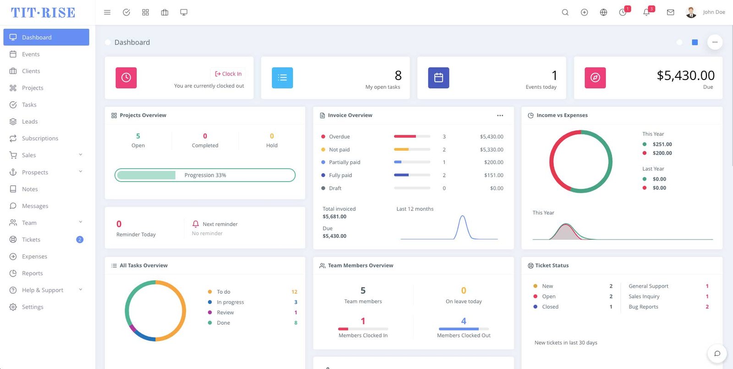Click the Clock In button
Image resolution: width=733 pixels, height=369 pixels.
pos(228,74)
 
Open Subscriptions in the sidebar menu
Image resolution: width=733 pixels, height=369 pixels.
pos(40,138)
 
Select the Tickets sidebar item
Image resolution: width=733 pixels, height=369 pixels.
pos(31,240)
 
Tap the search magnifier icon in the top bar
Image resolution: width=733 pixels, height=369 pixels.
pos(565,12)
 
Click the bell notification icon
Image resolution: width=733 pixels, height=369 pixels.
pos(646,12)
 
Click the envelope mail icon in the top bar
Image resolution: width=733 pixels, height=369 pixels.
pos(670,12)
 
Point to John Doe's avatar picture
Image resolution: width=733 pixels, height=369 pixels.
pos(691,12)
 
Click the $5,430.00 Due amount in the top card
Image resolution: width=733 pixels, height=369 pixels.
pos(685,75)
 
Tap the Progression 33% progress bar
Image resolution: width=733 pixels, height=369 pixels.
pos(205,175)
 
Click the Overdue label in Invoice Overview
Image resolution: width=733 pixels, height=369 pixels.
pos(339,137)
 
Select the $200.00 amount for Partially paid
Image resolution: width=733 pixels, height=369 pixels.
pos(493,162)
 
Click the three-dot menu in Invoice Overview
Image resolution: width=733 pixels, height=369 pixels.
pos(500,115)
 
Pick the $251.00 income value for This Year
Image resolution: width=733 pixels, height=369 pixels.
pos(662,144)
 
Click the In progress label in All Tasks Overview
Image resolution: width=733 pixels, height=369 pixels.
pos(230,302)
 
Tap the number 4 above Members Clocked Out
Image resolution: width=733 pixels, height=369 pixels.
pos(464,321)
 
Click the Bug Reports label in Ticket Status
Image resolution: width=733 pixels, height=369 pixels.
pos(643,307)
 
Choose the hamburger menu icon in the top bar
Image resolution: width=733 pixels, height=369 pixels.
pos(107,12)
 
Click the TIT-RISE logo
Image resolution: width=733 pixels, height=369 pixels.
pos(43,12)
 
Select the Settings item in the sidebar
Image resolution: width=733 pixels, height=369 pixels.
pos(33,307)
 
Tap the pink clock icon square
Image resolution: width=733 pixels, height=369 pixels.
pos(126,78)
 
